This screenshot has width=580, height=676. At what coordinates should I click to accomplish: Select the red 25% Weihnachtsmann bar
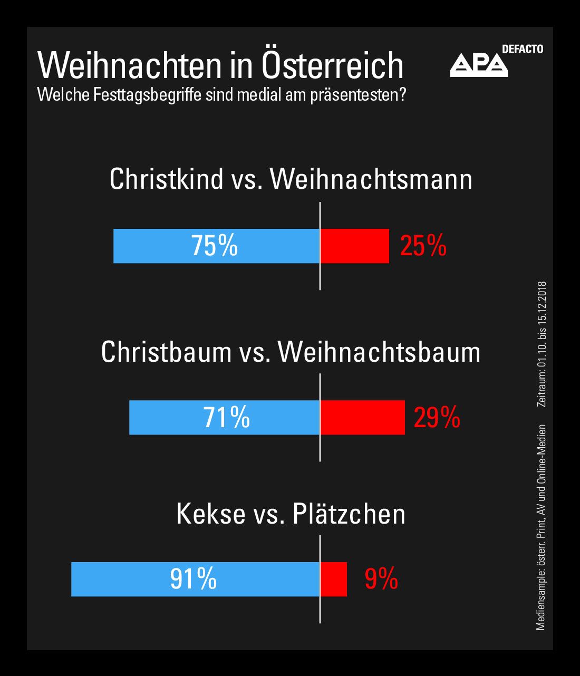click(354, 246)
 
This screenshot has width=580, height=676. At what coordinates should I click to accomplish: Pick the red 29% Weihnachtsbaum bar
click(362, 417)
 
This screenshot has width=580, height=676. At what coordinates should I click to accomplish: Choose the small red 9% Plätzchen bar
click(333, 579)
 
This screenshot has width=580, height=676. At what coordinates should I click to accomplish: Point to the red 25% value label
click(423, 246)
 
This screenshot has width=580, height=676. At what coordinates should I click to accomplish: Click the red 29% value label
click(437, 418)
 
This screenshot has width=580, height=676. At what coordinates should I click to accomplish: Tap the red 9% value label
click(381, 579)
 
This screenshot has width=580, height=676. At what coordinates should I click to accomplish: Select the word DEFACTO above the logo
click(523, 50)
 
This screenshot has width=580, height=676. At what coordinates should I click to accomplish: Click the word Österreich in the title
click(332, 65)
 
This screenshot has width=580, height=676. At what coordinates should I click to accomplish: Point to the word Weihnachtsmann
click(371, 179)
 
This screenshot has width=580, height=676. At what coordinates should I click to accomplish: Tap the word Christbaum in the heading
click(166, 352)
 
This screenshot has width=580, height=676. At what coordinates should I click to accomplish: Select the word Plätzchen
click(349, 514)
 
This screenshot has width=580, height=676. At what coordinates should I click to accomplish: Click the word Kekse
click(210, 514)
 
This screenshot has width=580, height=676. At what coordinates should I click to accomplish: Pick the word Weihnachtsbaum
click(379, 352)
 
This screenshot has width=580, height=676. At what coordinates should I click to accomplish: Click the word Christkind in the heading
click(167, 179)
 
